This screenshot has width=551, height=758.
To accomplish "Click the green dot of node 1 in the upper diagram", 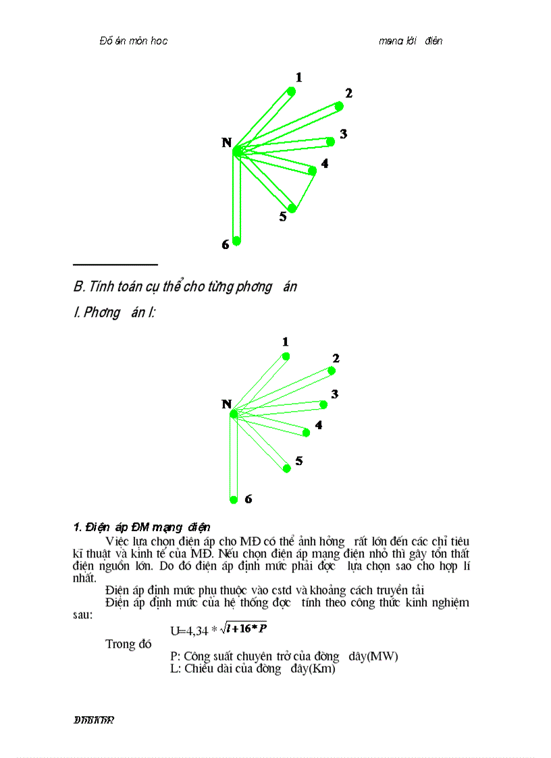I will point(291,91).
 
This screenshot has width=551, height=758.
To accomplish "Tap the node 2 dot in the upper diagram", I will point(340,106).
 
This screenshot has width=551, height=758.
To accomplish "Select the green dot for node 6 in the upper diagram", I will point(236,241).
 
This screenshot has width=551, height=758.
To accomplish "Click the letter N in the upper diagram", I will point(227,142).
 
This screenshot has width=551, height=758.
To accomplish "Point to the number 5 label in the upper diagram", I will point(283,217).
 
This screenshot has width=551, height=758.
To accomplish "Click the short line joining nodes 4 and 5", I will point(303,190).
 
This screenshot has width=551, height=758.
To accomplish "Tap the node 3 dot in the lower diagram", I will point(323,405).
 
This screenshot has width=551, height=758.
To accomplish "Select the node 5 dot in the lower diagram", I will point(287,468).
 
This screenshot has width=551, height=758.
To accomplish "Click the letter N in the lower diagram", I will point(227,404).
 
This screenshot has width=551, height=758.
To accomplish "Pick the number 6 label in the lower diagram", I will point(248,499).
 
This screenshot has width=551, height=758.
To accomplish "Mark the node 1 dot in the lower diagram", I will point(286,356).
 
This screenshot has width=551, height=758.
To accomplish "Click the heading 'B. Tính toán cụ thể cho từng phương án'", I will point(185,287).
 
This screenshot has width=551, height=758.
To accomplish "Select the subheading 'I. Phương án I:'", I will point(115,314).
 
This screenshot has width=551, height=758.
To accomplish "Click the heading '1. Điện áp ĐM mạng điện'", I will point(142,526).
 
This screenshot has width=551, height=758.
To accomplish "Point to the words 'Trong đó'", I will point(128,644).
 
